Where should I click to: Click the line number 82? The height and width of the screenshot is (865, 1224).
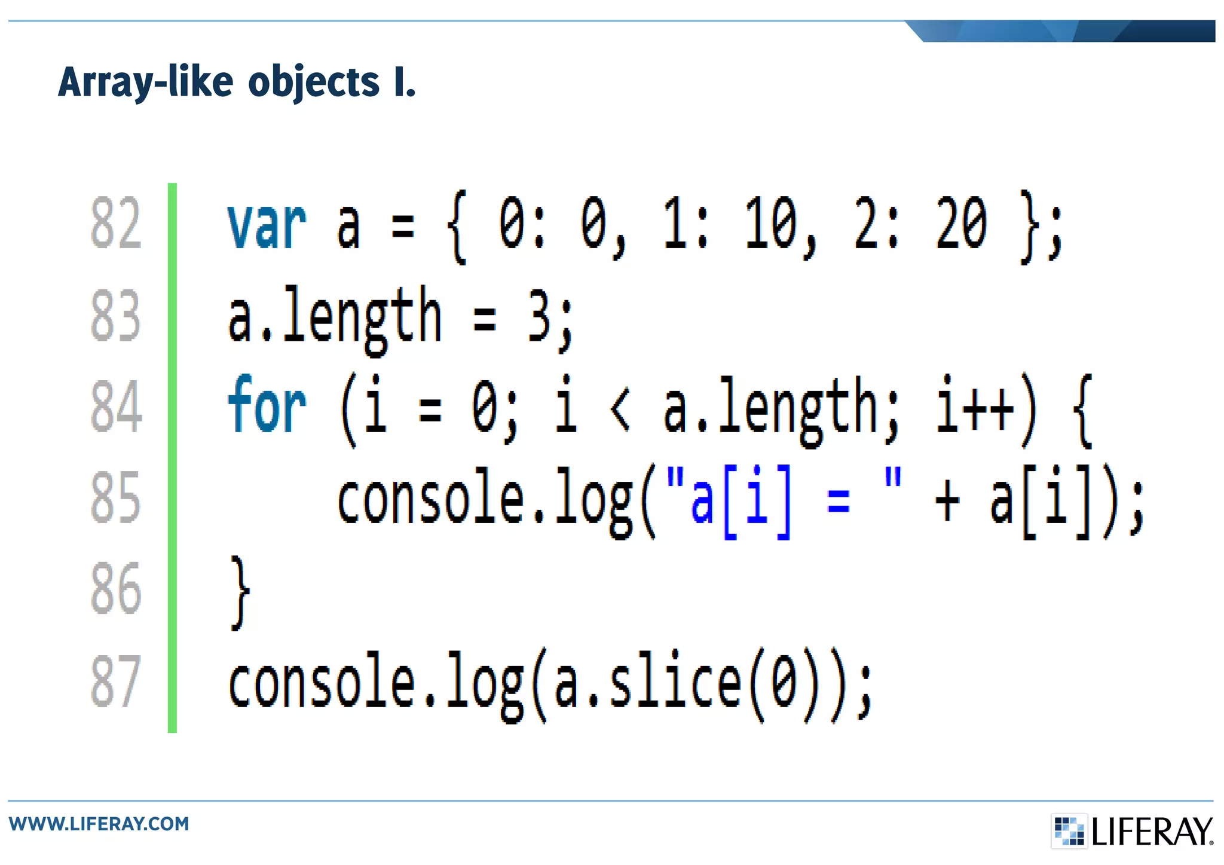click(116, 223)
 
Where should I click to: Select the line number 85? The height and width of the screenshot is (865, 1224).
click(116, 497)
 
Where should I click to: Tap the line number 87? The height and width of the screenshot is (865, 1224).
click(116, 681)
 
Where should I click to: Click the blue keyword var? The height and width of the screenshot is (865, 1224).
click(267, 225)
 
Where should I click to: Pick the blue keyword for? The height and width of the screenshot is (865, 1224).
click(267, 405)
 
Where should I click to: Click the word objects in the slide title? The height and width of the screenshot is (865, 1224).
click(313, 82)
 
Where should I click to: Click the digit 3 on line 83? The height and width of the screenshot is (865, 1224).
click(540, 317)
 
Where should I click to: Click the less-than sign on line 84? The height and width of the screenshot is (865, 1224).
click(620, 409)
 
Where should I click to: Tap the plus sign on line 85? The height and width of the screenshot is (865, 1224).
click(947, 500)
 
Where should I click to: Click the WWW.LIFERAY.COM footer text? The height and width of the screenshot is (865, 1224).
click(99, 824)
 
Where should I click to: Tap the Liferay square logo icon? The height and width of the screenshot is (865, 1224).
click(1069, 830)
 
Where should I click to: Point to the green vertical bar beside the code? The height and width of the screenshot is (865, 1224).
click(172, 457)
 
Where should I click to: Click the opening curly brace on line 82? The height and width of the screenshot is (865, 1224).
click(457, 227)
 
